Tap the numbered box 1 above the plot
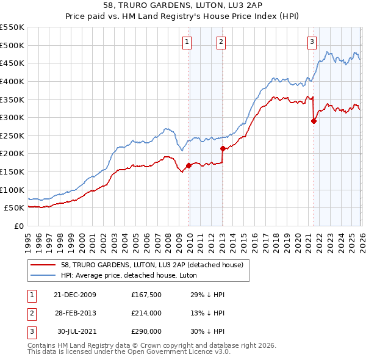pos(186,42)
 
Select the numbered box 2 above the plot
pos(220,42)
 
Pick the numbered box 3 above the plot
pos(312,42)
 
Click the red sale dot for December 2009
pos(188,165)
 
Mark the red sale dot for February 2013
pos(223,148)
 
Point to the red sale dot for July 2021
pos(314,121)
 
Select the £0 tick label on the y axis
pos(18,226)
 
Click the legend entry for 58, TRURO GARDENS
pos(152,265)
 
